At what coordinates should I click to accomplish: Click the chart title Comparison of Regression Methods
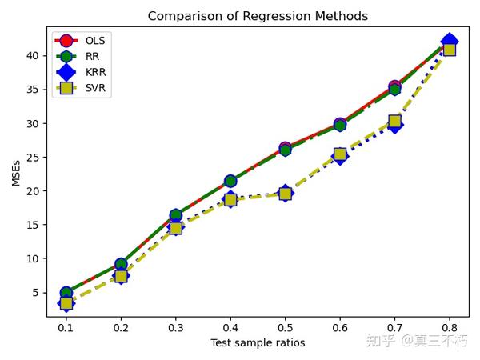click(258, 16)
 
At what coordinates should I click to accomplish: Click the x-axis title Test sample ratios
click(258, 343)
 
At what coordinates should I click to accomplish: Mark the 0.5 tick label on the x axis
click(285, 327)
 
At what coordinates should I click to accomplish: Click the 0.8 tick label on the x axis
click(449, 327)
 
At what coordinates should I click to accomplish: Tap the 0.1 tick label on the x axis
click(66, 327)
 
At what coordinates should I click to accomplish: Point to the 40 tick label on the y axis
click(33, 55)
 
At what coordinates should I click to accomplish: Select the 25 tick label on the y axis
click(33, 157)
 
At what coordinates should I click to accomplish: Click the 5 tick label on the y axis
click(36, 292)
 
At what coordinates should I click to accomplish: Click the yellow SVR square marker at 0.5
click(285, 193)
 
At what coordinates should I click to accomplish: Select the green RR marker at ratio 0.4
click(230, 182)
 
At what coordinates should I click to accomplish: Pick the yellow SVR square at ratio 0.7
click(394, 122)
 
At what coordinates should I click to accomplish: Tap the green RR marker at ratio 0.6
click(340, 125)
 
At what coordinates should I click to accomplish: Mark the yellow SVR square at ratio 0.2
click(121, 276)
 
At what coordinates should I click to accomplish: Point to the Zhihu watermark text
click(416, 341)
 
